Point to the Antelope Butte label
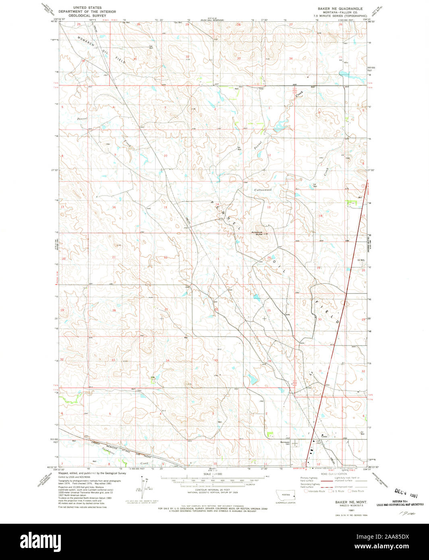click(257, 234)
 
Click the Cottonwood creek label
click(263, 190)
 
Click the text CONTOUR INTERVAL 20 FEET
click(214, 496)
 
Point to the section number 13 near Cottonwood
click(268, 207)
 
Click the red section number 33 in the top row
click(238, 58)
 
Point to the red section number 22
click(165, 257)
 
